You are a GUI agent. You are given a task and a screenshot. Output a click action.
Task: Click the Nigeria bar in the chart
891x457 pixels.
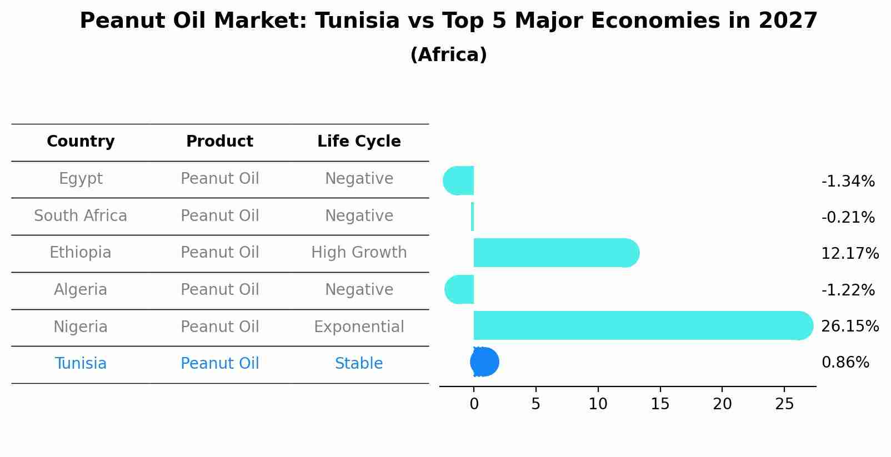click(639, 325)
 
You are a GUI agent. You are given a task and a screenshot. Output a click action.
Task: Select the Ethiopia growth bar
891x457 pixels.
click(555, 253)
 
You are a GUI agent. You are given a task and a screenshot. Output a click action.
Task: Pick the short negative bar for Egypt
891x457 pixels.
click(459, 180)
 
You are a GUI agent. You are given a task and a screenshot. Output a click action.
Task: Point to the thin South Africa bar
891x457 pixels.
click(472, 217)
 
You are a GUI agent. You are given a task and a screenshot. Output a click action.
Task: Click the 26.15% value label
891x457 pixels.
click(849, 327)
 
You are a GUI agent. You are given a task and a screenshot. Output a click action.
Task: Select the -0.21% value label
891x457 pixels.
click(848, 218)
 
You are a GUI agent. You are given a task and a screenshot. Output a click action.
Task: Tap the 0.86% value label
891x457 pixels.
click(845, 363)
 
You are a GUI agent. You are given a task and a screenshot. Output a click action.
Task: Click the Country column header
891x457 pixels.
click(81, 142)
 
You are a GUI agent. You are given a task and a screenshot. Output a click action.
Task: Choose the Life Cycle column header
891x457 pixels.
click(359, 142)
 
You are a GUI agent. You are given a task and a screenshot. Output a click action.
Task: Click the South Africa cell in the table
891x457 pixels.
click(81, 215)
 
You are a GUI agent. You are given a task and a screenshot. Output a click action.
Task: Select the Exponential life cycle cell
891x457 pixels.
click(359, 327)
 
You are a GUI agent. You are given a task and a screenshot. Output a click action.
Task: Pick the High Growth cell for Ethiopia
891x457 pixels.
click(359, 253)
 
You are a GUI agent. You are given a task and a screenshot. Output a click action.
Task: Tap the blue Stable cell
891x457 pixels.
click(359, 364)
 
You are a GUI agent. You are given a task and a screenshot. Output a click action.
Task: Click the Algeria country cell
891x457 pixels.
click(81, 290)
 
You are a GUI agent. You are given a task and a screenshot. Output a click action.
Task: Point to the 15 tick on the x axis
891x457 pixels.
click(660, 404)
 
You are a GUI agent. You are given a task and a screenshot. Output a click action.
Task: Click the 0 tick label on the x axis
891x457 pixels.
click(474, 404)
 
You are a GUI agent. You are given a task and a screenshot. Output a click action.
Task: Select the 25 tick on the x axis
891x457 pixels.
click(784, 404)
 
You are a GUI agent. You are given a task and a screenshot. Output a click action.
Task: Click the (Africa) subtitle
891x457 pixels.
click(448, 55)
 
